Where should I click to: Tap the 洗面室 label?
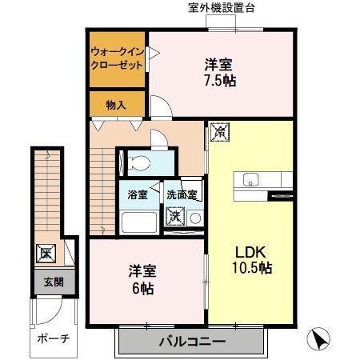point(182,194)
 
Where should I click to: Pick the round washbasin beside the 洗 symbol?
point(194,216)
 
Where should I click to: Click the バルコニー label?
point(190,342)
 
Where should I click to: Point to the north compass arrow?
point(319,339)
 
